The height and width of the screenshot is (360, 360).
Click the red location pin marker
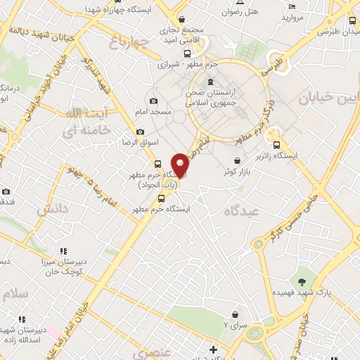pos(181,166)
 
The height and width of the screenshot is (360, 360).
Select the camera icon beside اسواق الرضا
pos(140,131)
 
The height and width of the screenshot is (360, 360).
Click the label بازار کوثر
pos(238,171)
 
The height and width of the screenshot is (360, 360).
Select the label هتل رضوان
pos(240,12)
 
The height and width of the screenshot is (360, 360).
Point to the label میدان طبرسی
pos(337,31)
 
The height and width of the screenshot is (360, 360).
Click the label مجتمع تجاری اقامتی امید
pos(181,34)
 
